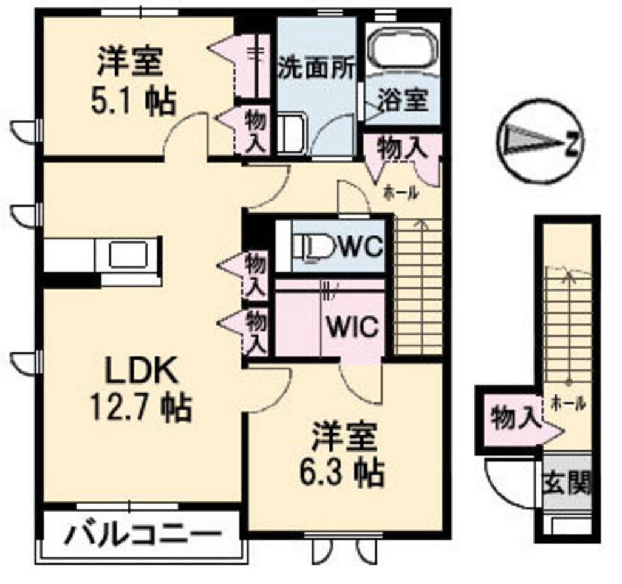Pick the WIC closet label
(x=354, y=326)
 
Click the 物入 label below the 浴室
(x=400, y=148)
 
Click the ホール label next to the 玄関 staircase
(x=568, y=402)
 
